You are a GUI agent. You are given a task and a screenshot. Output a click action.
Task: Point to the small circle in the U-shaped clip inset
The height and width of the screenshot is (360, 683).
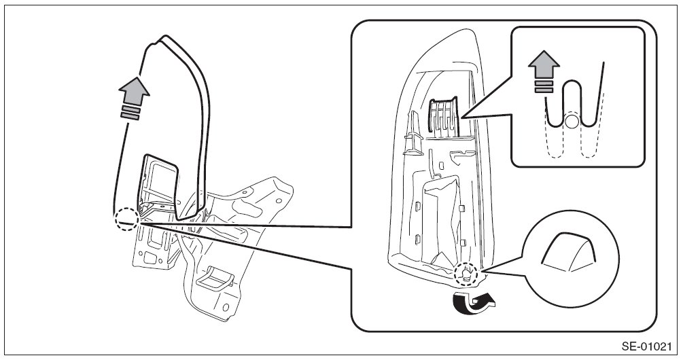pyautogui.click(x=572, y=122)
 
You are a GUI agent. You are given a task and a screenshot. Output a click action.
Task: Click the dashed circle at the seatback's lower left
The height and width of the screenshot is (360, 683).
pyautogui.click(x=126, y=219)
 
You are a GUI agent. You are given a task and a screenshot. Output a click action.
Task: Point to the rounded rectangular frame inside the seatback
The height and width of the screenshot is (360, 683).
pyautogui.click(x=160, y=183)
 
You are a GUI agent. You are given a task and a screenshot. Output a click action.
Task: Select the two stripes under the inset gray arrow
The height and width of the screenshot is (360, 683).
pyautogui.click(x=544, y=87)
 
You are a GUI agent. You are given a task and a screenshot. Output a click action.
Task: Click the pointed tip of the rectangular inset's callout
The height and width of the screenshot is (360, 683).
pyautogui.click(x=461, y=118)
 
